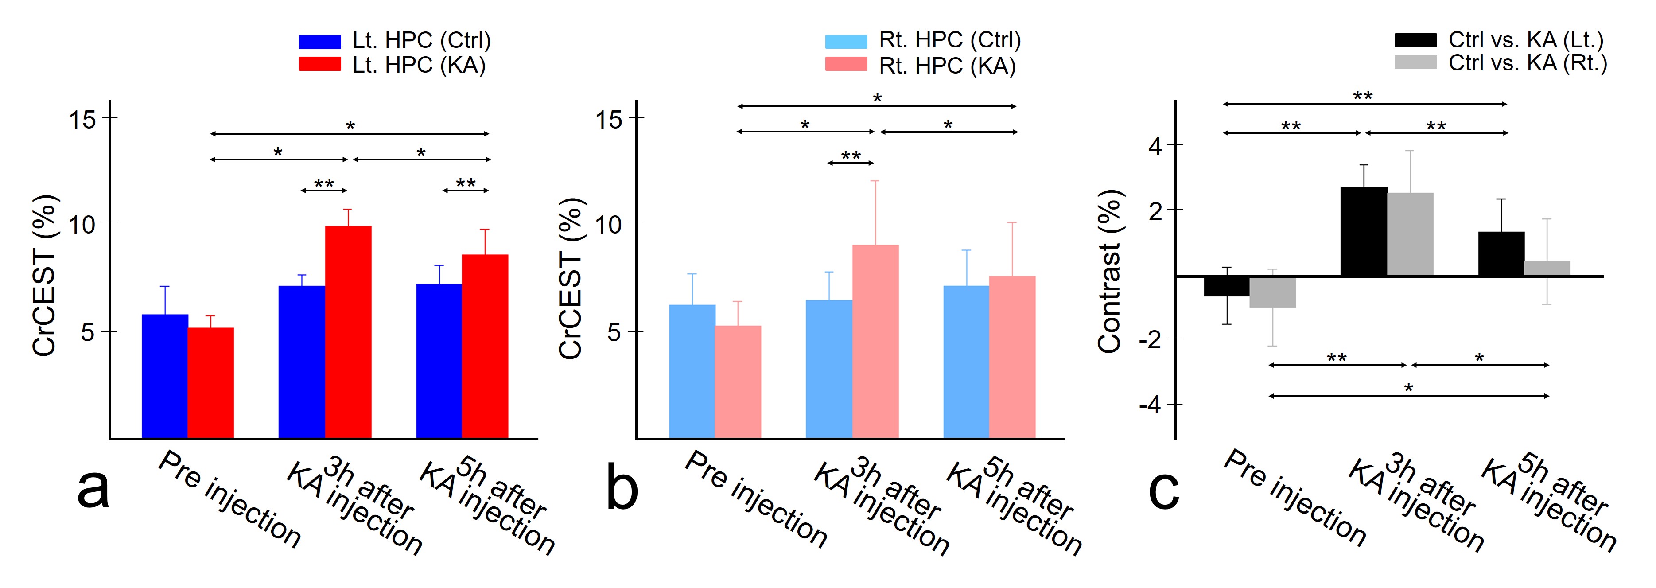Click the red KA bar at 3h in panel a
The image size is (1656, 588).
[x=348, y=331]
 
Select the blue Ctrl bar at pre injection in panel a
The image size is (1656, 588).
[x=164, y=376]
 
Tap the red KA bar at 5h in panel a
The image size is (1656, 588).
[x=485, y=346]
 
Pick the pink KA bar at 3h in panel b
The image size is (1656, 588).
[x=875, y=341]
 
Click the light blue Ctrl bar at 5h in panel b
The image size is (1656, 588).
[x=966, y=362]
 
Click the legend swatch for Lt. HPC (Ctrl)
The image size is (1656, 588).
[x=319, y=42]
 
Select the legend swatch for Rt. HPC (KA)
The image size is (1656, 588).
[x=846, y=64]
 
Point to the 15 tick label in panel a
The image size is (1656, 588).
[x=82, y=119]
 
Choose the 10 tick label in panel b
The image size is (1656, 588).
[x=608, y=225]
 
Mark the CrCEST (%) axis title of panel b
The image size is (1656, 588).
[x=570, y=277]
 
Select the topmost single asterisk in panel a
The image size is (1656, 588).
[x=350, y=125]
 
